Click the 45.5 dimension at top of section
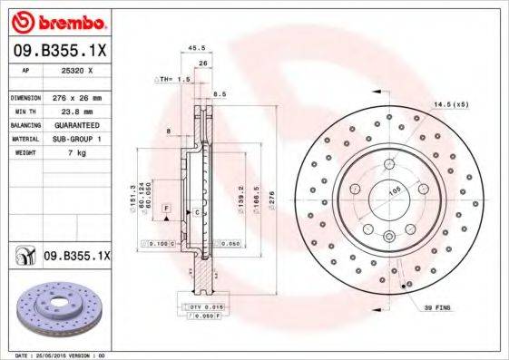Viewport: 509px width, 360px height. [x=194, y=49]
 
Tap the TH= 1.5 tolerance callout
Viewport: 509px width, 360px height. [x=175, y=80]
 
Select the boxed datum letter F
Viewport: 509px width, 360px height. [x=167, y=209]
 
